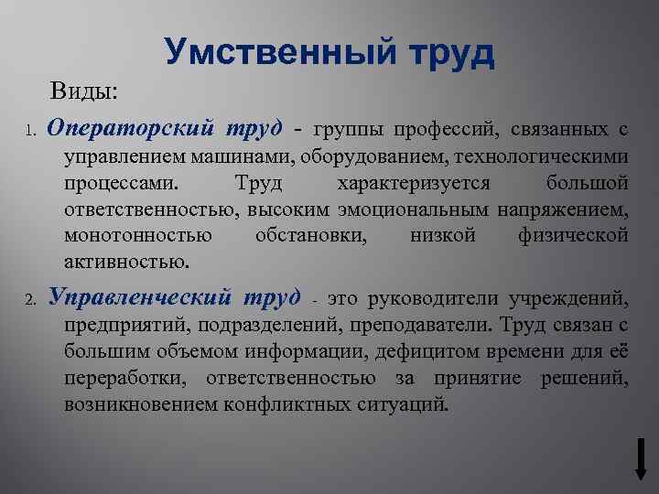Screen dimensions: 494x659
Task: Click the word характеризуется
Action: [x=414, y=182]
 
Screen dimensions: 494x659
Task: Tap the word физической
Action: [x=573, y=236]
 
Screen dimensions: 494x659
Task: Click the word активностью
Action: [x=127, y=263]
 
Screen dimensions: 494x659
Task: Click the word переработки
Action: [x=129, y=377]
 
